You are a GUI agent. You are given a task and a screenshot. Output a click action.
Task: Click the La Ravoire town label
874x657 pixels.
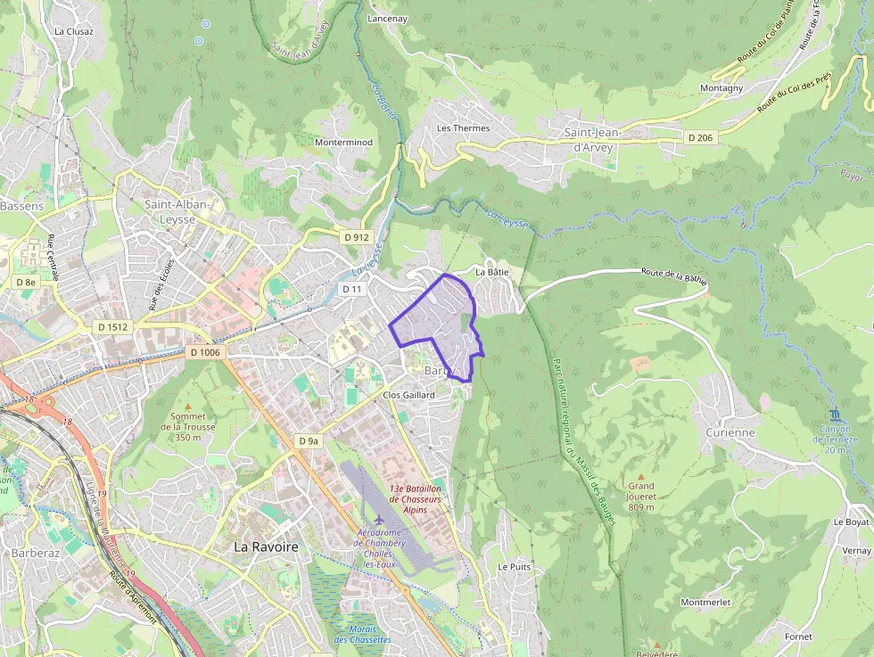point(266,546)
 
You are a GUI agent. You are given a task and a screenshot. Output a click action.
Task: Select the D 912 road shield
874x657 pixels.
point(356,237)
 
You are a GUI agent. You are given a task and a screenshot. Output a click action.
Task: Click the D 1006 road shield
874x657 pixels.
point(204,353)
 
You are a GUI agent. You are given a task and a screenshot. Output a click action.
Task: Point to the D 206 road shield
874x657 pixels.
point(701,137)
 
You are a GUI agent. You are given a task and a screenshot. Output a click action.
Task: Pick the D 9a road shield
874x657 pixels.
point(309,441)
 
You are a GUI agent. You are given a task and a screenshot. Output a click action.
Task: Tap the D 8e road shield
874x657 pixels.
point(26,282)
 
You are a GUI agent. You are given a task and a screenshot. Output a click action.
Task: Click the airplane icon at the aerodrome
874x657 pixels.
point(380,518)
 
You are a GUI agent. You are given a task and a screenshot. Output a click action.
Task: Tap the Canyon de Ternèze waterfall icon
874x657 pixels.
point(835,415)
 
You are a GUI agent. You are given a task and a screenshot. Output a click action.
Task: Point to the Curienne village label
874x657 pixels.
point(730,432)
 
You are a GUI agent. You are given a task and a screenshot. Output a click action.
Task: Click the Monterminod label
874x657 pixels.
point(343,142)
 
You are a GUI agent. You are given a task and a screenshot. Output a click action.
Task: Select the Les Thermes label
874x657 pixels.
point(463,128)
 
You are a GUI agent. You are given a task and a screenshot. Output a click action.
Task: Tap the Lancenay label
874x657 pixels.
point(387,18)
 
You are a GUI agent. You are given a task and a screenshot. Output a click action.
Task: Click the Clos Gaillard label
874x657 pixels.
point(408,394)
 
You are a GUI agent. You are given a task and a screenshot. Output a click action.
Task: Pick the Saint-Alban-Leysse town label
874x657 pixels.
point(177,211)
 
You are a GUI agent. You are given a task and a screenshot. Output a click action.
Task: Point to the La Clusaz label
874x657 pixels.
point(73,31)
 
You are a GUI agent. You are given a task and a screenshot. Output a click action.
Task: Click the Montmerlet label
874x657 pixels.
point(705,603)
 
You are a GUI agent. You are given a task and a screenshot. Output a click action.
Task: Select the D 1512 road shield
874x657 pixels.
point(113,327)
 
